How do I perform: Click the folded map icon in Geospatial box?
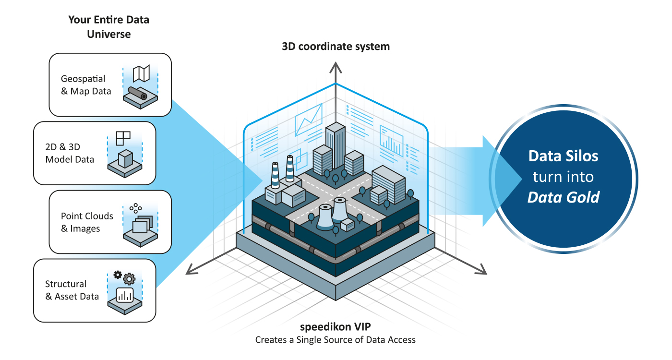coord(141,73)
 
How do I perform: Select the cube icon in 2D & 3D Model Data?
coord(125,159)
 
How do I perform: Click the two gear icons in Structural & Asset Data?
coord(124,277)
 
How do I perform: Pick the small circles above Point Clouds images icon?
coord(136,208)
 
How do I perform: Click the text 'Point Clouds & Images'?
coord(87,222)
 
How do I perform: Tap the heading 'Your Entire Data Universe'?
coord(108,27)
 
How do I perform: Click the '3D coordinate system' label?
coord(336,47)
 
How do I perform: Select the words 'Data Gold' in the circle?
coord(564,197)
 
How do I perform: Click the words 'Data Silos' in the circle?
coord(564,156)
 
